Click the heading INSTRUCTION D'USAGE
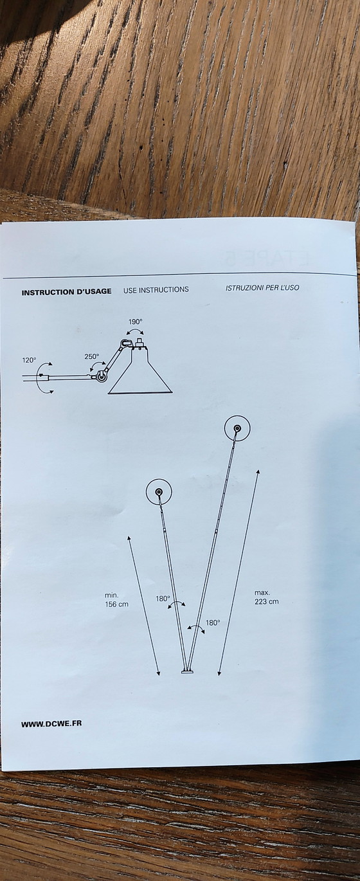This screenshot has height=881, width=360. (x=66, y=292)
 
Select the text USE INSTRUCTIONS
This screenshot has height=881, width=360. (x=156, y=290)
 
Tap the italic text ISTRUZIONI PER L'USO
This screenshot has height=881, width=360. (x=262, y=288)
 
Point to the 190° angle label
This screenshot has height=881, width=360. (x=136, y=322)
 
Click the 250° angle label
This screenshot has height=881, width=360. (x=91, y=357)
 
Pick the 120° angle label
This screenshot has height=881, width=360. (x=29, y=360)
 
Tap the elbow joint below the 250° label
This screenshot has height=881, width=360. (x=102, y=376)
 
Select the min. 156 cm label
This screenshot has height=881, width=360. (x=116, y=600)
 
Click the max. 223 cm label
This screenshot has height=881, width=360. (x=266, y=597)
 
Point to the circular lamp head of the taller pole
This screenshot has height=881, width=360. (x=237, y=428)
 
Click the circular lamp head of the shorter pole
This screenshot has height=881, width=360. (x=159, y=492)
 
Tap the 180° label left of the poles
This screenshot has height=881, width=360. (x=163, y=599)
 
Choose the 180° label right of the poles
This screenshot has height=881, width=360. (x=213, y=622)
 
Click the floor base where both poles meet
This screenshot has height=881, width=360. (x=187, y=672)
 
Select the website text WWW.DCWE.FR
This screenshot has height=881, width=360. (x=51, y=724)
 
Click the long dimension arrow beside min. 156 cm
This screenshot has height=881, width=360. (x=143, y=606)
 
